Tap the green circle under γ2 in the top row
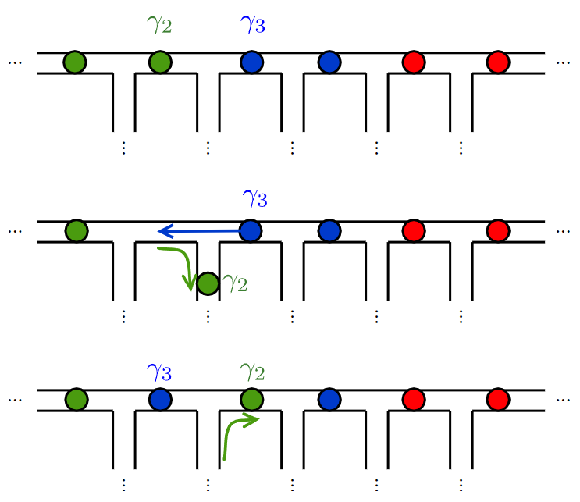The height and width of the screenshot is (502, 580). pyautogui.click(x=159, y=62)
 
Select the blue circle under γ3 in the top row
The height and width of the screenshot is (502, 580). pyautogui.click(x=251, y=62)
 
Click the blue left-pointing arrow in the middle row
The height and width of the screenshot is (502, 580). pyautogui.click(x=199, y=230)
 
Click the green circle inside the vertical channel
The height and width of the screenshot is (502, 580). pyautogui.click(x=208, y=283)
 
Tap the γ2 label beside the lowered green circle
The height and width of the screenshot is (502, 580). pyautogui.click(x=235, y=284)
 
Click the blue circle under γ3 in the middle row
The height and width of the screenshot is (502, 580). pyautogui.click(x=250, y=230)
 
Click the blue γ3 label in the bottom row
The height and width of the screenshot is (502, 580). pyautogui.click(x=159, y=372)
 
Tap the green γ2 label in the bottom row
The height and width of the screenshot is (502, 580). pyautogui.click(x=251, y=372)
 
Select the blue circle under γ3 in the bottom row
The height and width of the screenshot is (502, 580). pyautogui.click(x=160, y=400)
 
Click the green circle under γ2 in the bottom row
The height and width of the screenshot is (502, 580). pyautogui.click(x=251, y=400)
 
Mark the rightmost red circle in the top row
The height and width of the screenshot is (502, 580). pyautogui.click(x=498, y=62)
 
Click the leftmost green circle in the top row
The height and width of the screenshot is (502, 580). pyautogui.click(x=75, y=62)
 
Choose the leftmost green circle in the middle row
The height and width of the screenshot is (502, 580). pyautogui.click(x=77, y=230)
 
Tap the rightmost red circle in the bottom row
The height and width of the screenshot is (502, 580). pyautogui.click(x=498, y=400)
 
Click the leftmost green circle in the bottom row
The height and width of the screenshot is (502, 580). pyautogui.click(x=77, y=400)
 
